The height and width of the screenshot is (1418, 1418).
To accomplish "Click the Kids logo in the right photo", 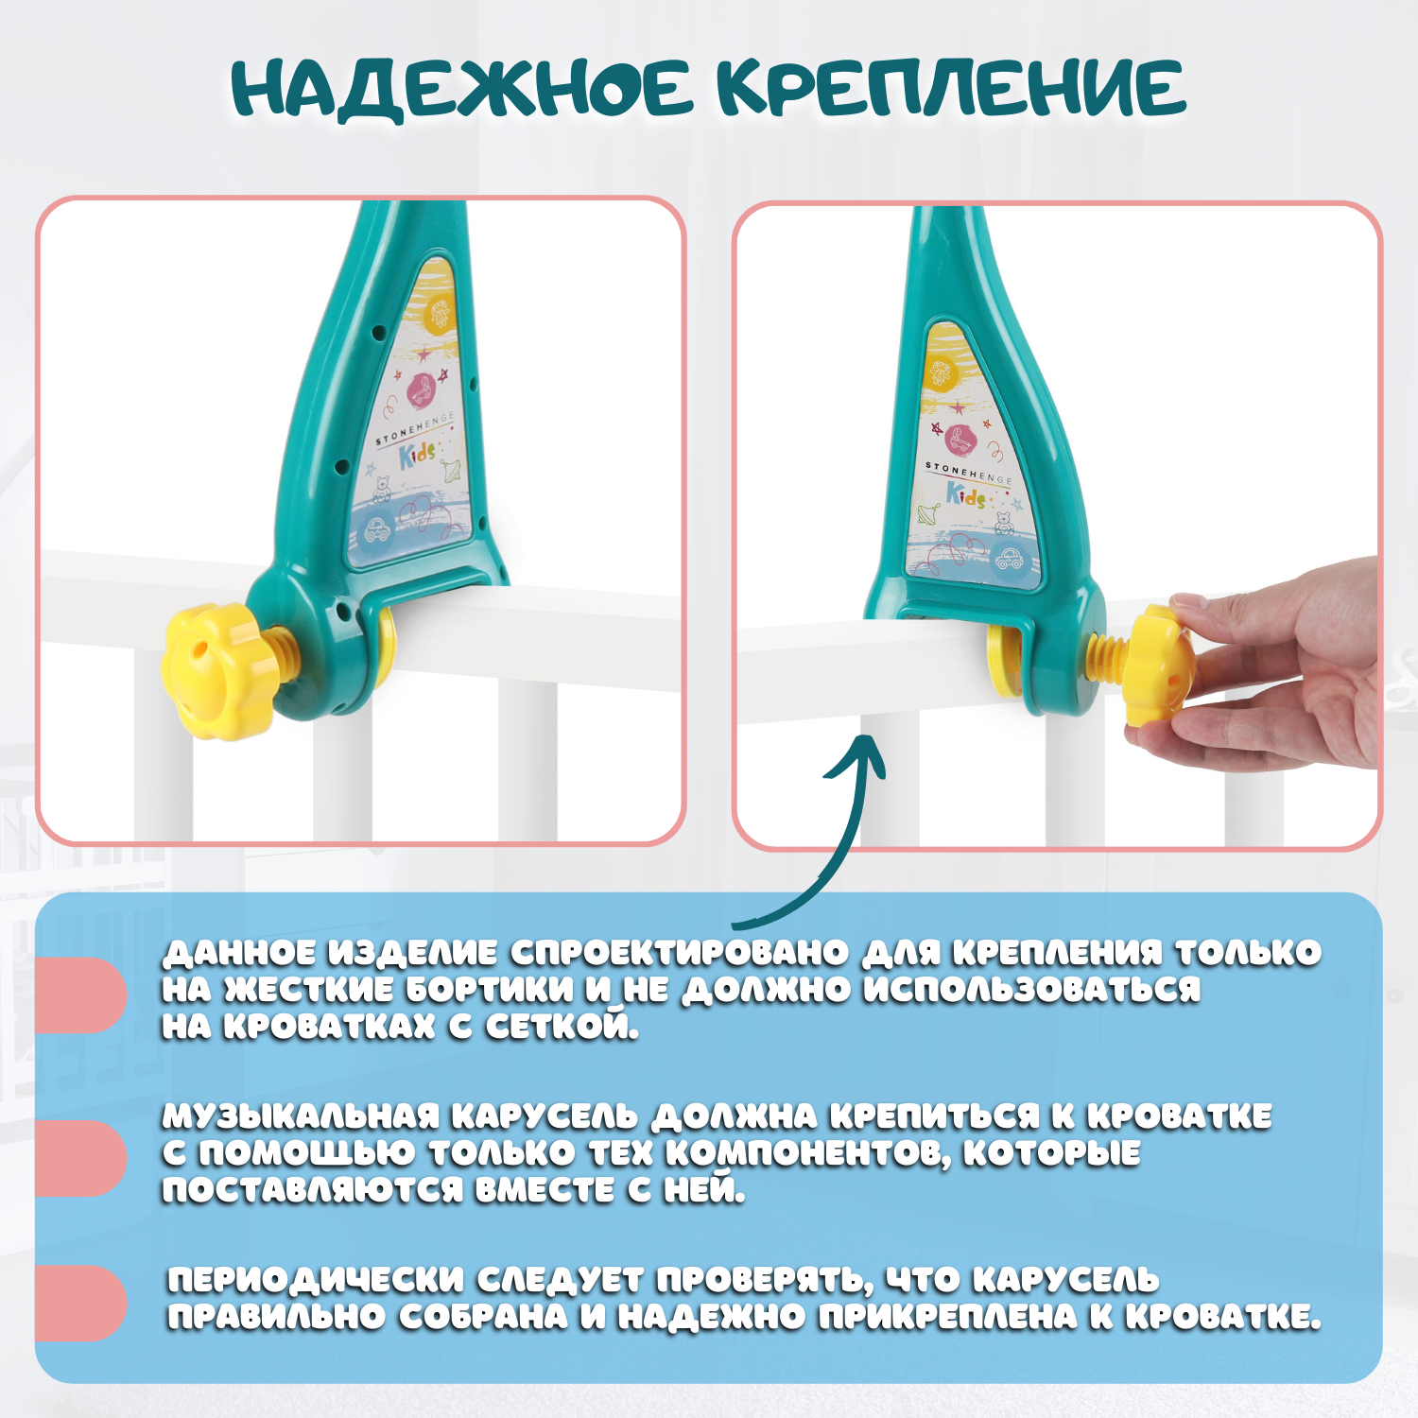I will click(x=966, y=494).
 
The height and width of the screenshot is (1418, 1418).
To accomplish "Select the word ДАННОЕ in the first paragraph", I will click(x=238, y=953).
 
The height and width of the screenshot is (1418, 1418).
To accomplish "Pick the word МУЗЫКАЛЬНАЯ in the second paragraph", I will click(x=301, y=1116).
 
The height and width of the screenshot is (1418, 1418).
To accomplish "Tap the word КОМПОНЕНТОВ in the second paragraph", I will click(x=807, y=1153).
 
